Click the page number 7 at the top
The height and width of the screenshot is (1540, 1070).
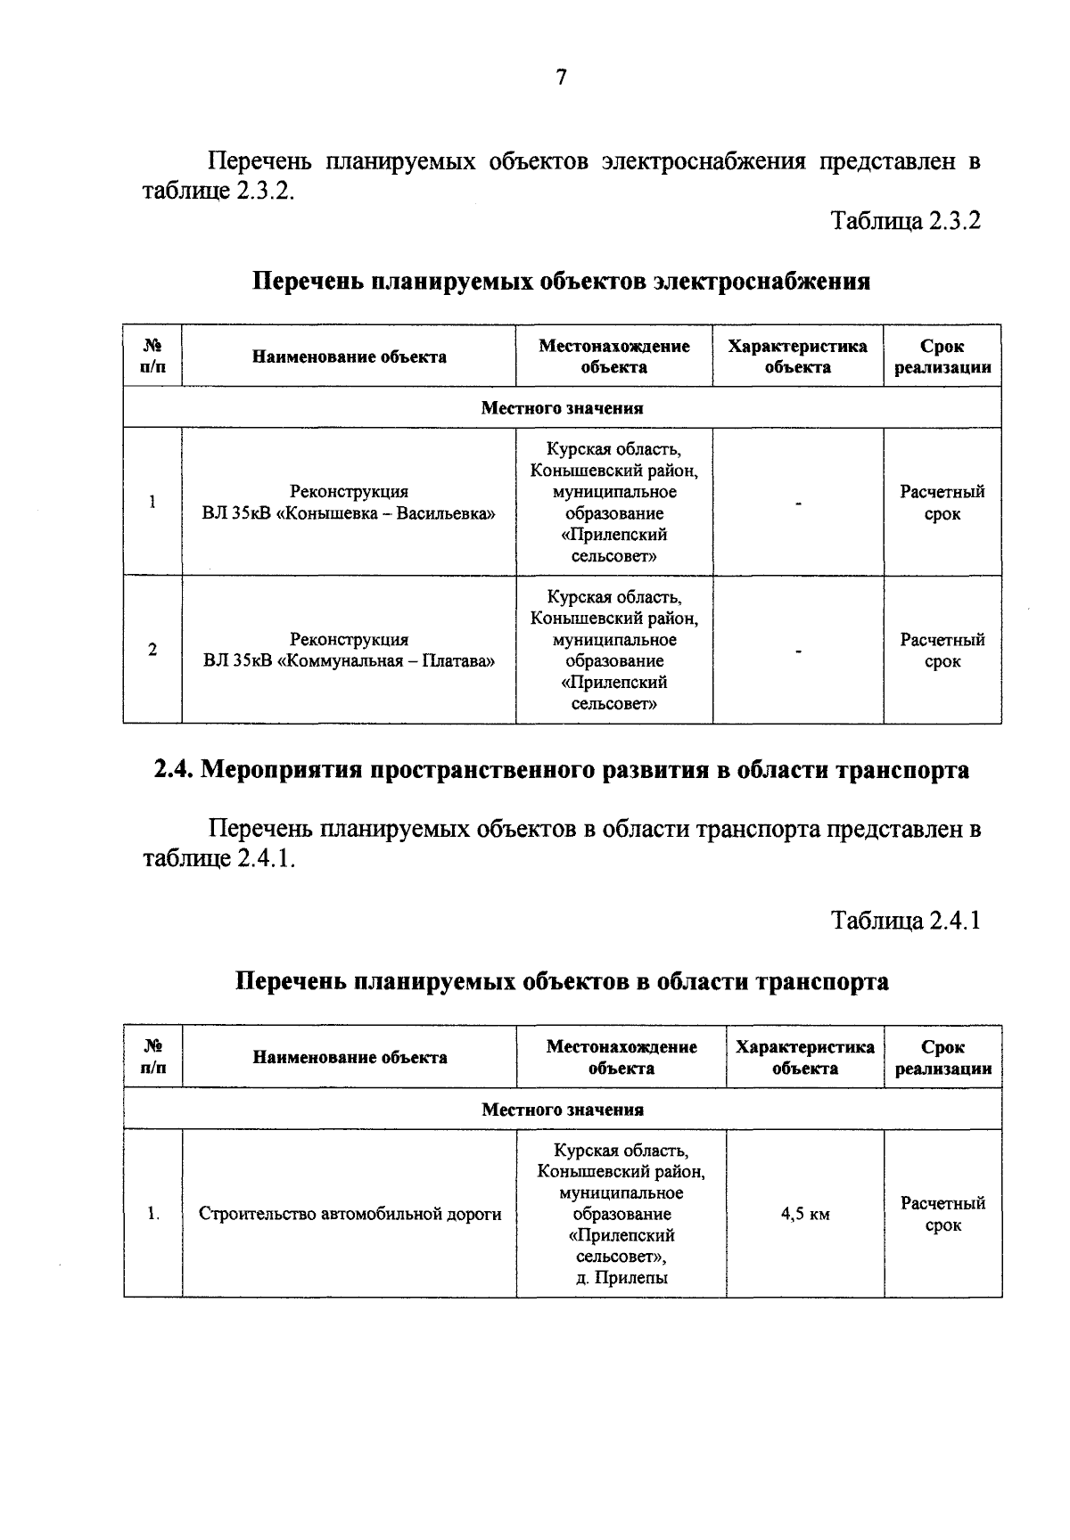pos(561,78)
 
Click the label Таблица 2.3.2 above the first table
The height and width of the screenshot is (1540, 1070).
pos(905,221)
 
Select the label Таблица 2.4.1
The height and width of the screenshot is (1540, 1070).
pos(905,921)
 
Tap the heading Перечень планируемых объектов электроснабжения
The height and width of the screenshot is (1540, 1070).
pos(562,282)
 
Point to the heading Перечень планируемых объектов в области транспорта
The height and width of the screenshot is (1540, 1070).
pos(562,981)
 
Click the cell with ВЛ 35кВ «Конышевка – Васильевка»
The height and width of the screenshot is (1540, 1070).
pos(349,504)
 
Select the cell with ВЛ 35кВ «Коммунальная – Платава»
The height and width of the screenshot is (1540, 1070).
pos(349,651)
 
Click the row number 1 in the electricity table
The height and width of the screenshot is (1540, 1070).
pos(152,502)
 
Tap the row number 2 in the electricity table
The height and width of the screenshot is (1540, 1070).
pos(152,650)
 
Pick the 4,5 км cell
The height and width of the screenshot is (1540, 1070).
pos(805,1214)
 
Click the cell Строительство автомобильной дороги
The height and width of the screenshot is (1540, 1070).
pos(350,1214)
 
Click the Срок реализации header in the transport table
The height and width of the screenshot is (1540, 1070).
pos(942,1058)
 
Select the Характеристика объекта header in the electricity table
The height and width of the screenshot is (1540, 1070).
pos(797,356)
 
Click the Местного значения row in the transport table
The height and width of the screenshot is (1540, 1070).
pos(562,1110)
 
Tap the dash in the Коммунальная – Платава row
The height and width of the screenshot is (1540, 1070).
pos(798,652)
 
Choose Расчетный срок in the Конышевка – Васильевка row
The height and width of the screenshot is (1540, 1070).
pos(942,503)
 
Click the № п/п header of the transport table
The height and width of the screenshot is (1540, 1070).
pos(152,1057)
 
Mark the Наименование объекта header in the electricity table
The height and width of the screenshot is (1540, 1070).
pos(349,357)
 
